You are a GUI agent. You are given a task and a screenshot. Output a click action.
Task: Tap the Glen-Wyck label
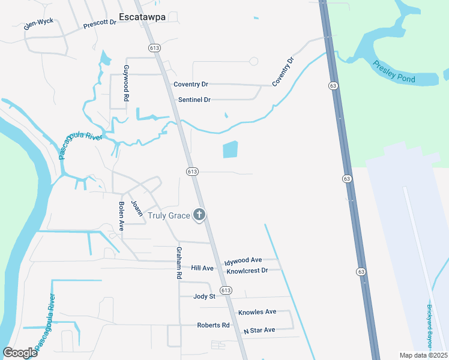pos(38,23)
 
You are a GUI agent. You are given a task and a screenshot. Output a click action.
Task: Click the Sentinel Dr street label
pos(194,100)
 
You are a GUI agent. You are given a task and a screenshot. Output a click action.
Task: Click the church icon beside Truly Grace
pos(199,215)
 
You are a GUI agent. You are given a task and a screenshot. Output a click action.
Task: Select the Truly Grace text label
pos(169,215)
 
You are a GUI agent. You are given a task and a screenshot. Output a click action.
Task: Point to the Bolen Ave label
pos(121,217)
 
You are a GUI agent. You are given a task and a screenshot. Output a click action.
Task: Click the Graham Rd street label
pos(179,263)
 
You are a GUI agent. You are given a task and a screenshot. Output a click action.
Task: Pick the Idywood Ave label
pos(243,261)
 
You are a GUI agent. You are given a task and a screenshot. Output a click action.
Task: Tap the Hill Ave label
pos(202,268)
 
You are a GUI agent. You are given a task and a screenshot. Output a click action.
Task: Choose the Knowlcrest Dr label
pos(247,271)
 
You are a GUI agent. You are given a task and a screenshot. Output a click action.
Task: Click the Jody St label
pos(204,296)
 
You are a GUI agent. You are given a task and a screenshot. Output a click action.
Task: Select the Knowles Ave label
pos(257,312)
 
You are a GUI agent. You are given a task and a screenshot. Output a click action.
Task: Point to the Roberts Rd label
pos(213,325)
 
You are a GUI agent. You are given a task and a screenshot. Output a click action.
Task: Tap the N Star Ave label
pos(259,330)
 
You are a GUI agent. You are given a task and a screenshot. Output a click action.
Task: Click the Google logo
pos(20,353)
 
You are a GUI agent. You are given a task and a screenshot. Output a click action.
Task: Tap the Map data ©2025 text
pos(423,355)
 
